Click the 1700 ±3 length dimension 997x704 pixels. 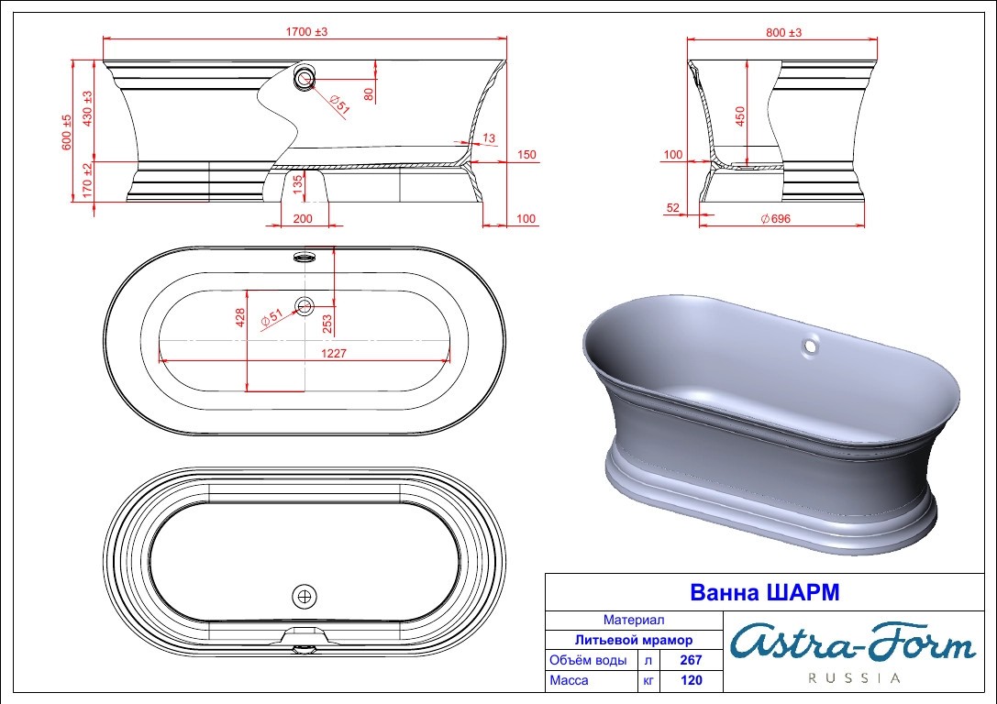point(306,32)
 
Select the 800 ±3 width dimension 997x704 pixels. point(783,32)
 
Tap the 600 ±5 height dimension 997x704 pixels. point(67,132)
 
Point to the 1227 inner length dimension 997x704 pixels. point(333,353)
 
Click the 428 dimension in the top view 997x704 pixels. point(240,318)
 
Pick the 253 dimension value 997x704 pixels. point(327,324)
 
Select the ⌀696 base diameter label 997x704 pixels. point(776,218)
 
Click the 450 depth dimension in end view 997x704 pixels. point(740,115)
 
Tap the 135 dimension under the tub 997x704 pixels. point(297,185)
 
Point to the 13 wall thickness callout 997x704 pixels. point(489,137)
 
